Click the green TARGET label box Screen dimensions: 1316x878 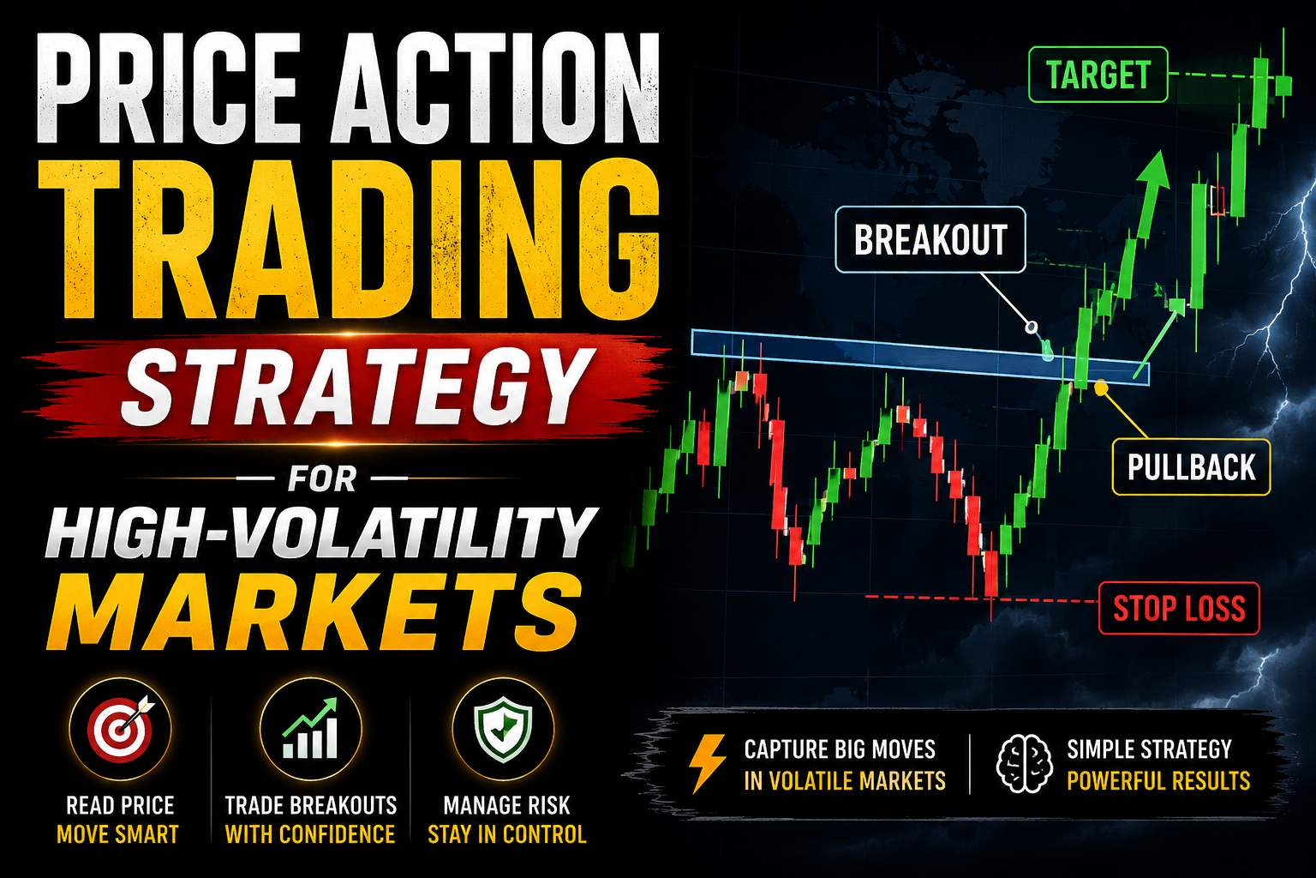coord(1098,75)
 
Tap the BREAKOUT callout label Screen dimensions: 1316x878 coord(930,239)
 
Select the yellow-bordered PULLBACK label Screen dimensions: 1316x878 coord(1192,467)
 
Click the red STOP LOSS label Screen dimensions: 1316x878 coord(1179,608)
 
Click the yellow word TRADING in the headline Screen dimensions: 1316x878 coord(349,241)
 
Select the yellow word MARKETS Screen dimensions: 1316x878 coord(318,611)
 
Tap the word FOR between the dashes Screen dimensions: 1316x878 coord(322,478)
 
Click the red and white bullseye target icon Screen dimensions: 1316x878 coord(121,729)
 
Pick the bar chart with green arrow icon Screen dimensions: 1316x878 coord(310,728)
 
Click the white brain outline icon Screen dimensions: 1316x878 coord(1025,763)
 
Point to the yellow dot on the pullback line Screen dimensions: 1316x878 coord(1101,388)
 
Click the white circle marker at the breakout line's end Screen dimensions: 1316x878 coord(1031,327)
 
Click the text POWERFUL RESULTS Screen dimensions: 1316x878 coord(1158,781)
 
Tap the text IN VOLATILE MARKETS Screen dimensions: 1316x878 coord(845,781)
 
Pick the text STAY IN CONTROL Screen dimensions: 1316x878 coord(507,834)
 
